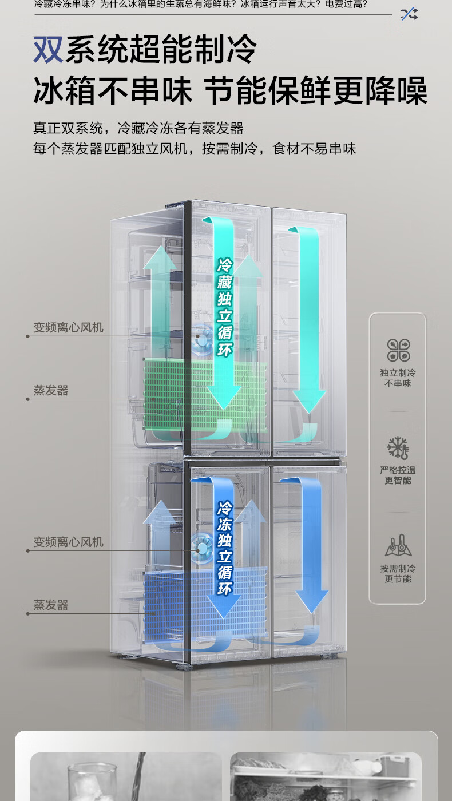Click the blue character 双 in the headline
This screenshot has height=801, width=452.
click(48, 49)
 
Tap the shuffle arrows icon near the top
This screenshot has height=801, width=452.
click(410, 14)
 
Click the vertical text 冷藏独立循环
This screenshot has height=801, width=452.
click(225, 307)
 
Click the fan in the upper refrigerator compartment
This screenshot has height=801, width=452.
click(202, 339)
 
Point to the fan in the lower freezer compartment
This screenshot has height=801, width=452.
click(201, 549)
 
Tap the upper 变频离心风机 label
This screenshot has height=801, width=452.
click(68, 327)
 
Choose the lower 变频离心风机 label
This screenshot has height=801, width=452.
click(68, 542)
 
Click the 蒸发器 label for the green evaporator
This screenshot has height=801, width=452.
click(51, 390)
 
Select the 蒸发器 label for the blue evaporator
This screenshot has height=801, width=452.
click(51, 605)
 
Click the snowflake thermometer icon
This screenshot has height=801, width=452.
click(398, 447)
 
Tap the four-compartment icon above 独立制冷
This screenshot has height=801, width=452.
click(398, 350)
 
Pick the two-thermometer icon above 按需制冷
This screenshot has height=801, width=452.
click(398, 545)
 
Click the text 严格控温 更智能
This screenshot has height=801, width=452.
click(398, 475)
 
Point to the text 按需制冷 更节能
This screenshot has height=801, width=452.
click(398, 573)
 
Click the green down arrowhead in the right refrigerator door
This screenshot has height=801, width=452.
click(309, 401)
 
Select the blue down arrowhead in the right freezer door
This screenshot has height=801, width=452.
click(311, 601)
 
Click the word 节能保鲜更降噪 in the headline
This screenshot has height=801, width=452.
click(315, 90)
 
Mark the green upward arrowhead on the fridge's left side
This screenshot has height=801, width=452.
click(160, 257)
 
